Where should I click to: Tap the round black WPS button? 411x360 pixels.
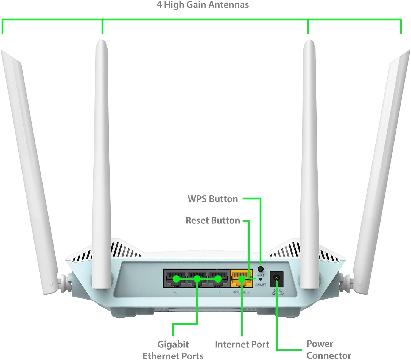(261, 268)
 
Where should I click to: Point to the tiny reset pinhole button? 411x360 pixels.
(260, 279)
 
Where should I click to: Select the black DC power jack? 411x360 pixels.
(276, 279)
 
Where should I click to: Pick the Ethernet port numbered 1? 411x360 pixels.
(218, 279)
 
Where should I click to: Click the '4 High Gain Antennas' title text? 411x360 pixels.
(203, 5)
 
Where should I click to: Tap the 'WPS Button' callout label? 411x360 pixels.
(213, 199)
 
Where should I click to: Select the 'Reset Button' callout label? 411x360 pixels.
(213, 220)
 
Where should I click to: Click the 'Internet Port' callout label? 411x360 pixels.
(242, 344)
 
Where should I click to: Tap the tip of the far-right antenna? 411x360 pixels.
(407, 52)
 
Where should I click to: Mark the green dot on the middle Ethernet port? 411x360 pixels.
(197, 279)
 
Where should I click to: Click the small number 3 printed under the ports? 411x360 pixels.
(175, 292)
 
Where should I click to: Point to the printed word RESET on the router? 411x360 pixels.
(261, 285)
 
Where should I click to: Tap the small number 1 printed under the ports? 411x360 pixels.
(219, 292)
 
